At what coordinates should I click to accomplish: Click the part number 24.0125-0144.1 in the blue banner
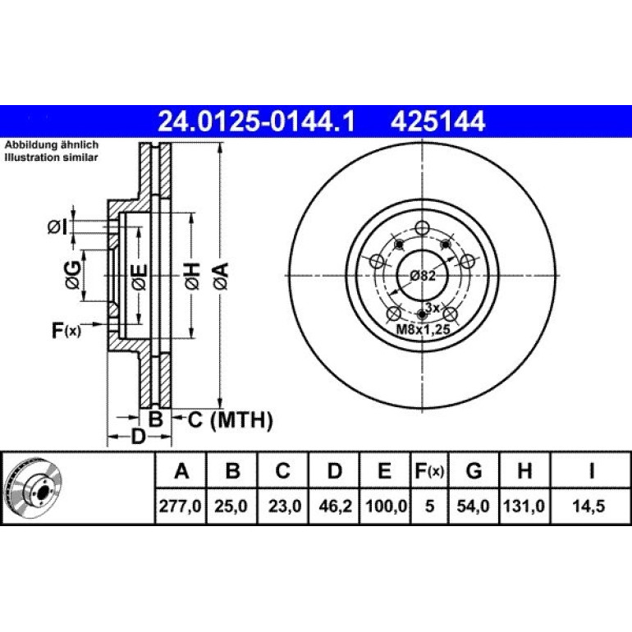[256, 121]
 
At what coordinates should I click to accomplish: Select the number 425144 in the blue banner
[437, 121]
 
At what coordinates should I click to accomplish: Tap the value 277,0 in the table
[180, 506]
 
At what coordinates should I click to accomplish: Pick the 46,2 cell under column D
[335, 506]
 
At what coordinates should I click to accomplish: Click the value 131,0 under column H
[524, 506]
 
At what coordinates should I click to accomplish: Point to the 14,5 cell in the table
[588, 506]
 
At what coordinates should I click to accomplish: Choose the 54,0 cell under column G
[473, 506]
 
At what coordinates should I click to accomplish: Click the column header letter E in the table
[384, 470]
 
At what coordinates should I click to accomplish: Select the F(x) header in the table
[429, 470]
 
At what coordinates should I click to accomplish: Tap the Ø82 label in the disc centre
[423, 276]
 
